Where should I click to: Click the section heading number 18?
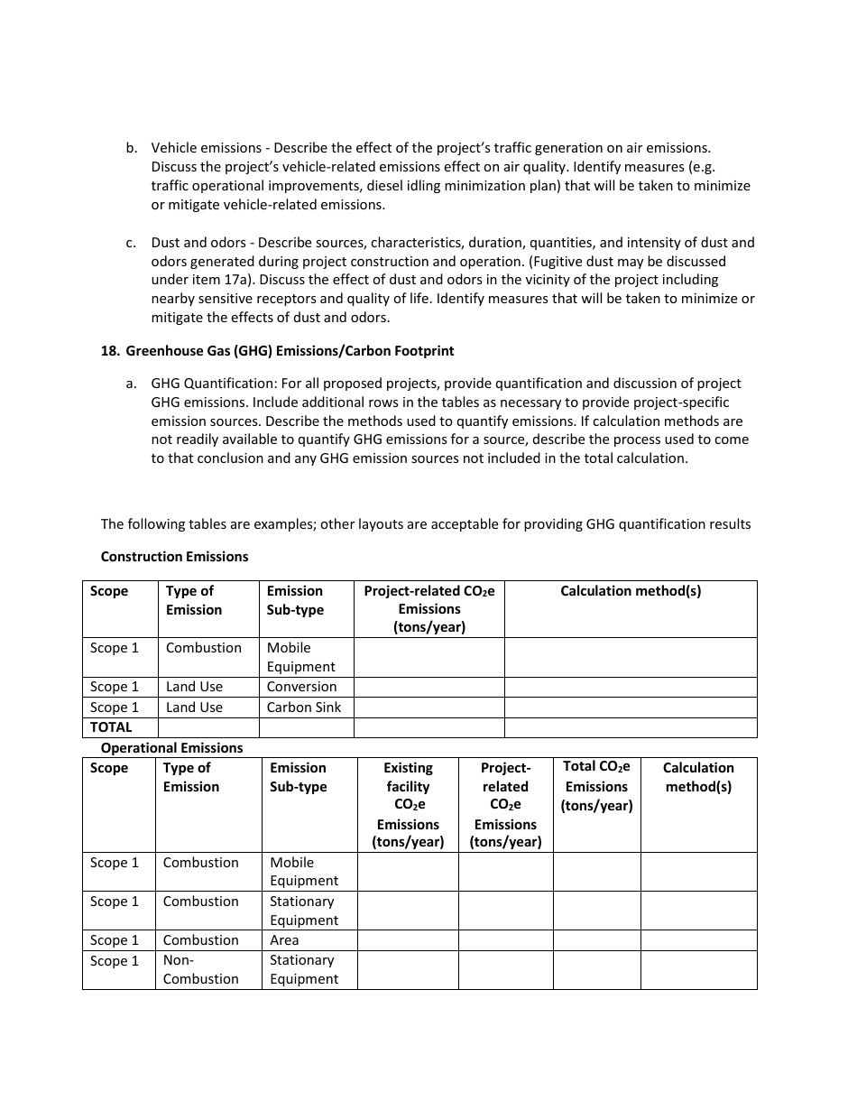[109, 351]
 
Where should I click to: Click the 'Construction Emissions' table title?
[174, 557]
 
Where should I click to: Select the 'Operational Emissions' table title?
[171, 748]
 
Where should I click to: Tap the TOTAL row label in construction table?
[111, 727]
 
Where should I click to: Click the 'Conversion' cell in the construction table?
[301, 687]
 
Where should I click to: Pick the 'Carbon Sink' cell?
[304, 708]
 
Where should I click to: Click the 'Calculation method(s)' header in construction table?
[630, 591]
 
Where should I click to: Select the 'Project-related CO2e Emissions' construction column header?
[428, 609]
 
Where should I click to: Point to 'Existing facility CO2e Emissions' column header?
[408, 804]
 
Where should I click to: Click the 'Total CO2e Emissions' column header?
[596, 786]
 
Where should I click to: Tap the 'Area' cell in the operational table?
[284, 940]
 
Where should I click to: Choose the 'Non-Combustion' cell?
[200, 969]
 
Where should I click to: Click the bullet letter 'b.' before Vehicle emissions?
[132, 147]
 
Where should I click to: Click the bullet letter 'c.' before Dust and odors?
[132, 243]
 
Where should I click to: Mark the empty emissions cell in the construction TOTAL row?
[428, 727]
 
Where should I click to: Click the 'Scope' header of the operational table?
[109, 768]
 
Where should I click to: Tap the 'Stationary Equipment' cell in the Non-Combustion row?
[303, 969]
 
